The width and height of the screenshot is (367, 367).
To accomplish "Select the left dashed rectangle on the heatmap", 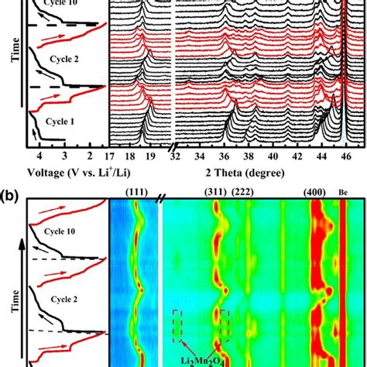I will tap(179, 324).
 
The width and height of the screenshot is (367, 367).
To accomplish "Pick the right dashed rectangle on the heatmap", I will tap(225, 324).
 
